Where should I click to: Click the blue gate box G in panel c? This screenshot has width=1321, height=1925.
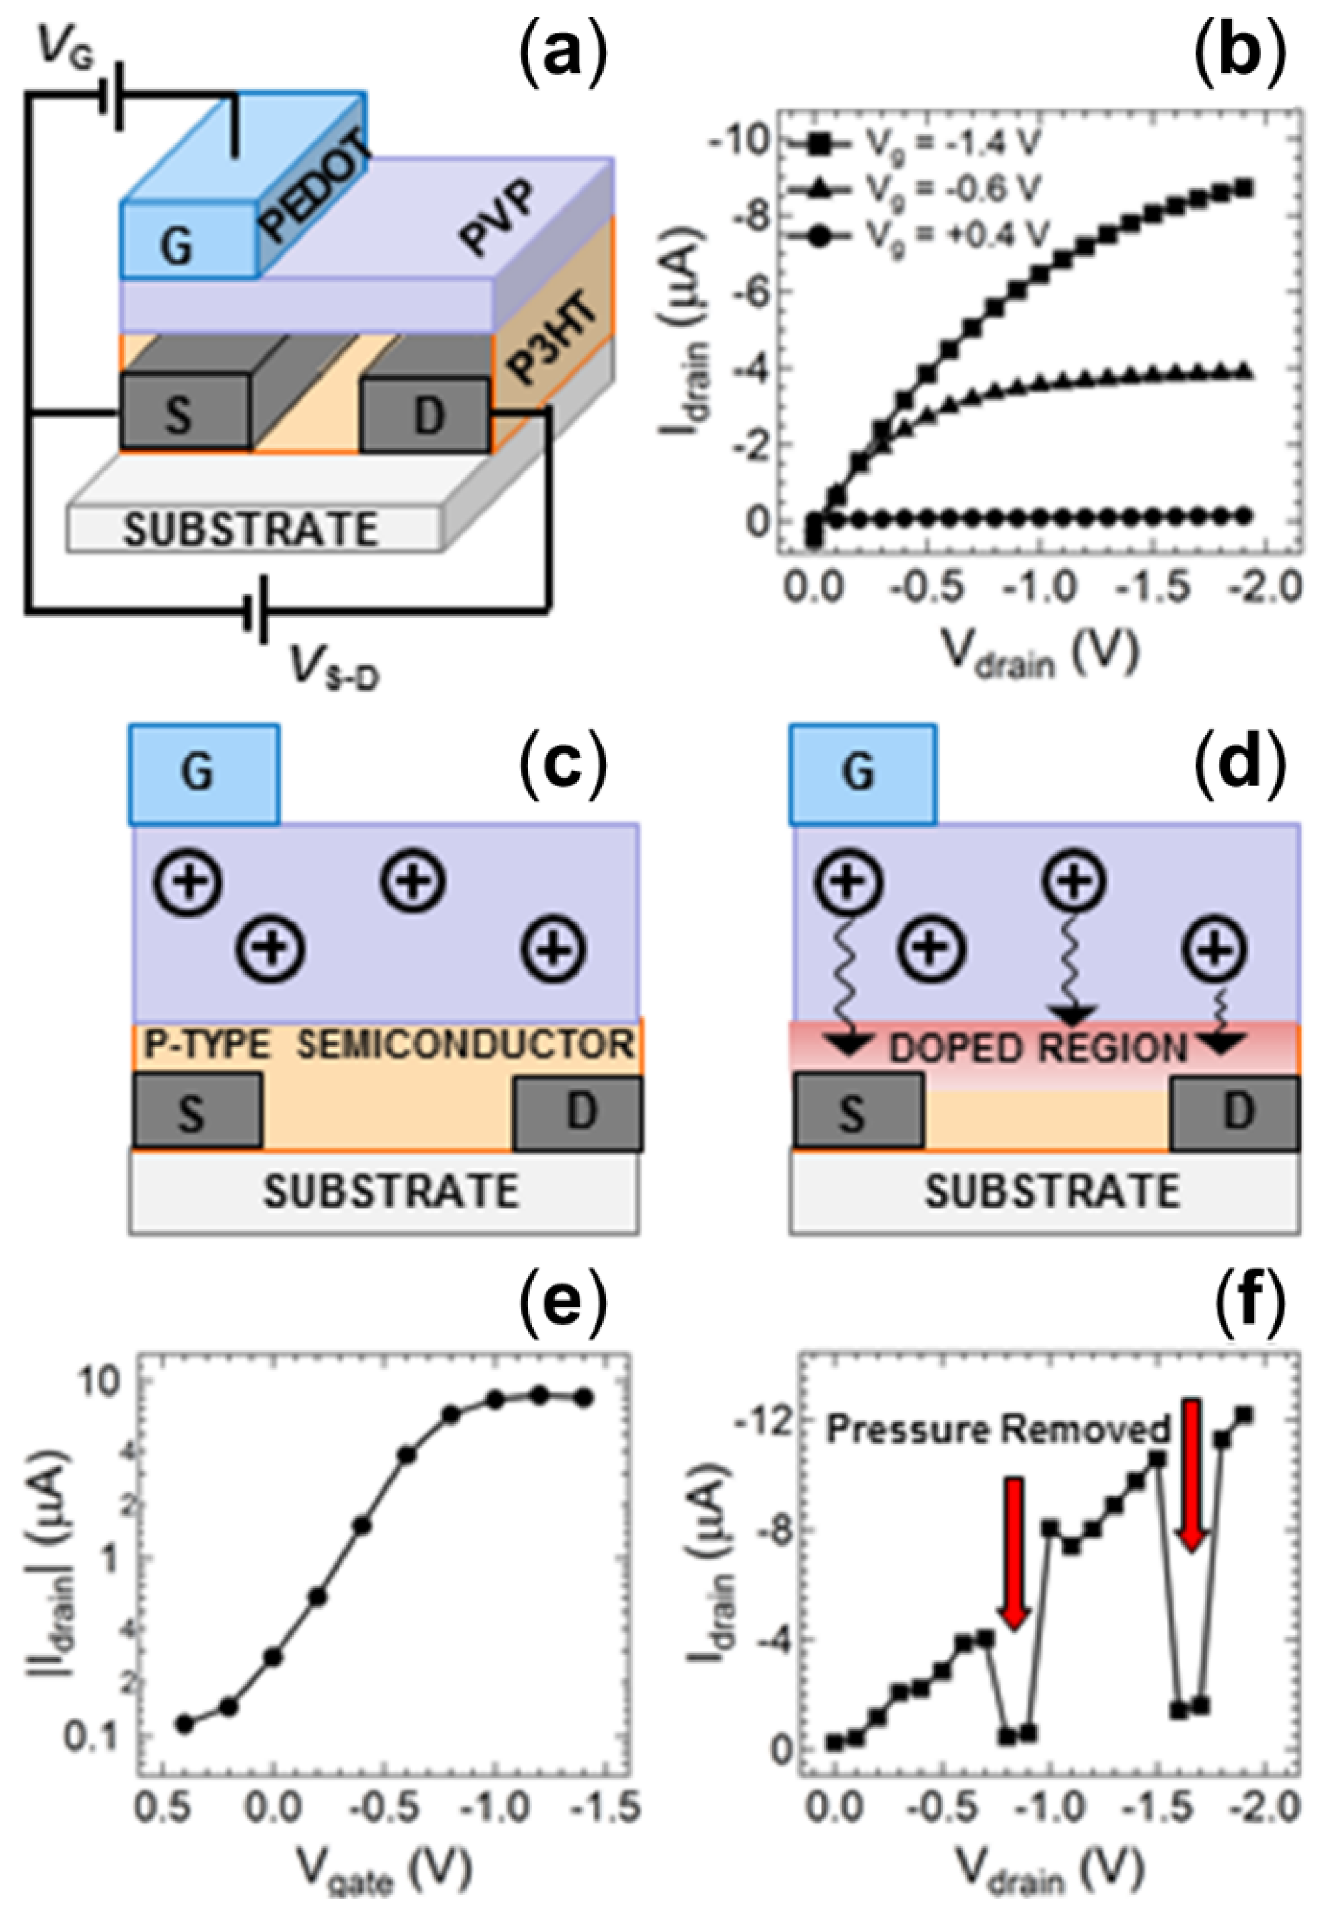tap(203, 774)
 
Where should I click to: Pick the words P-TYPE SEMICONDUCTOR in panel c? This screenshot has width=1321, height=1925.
tap(389, 1045)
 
